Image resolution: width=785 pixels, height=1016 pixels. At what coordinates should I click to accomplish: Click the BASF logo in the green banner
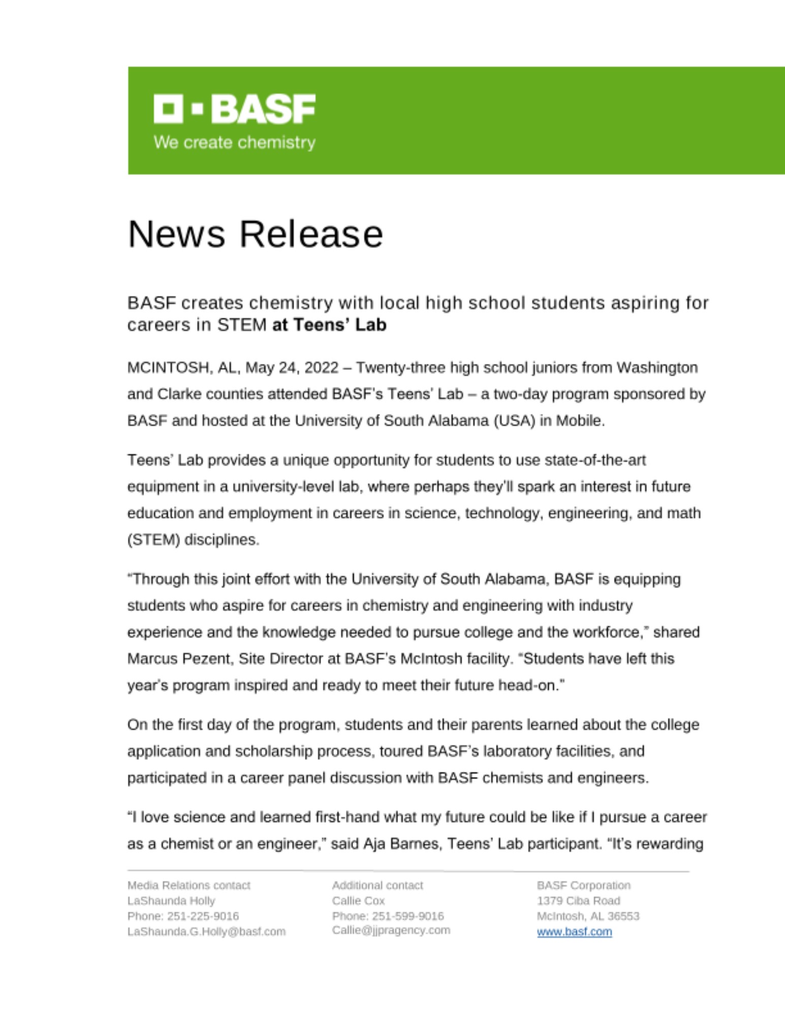tap(234, 109)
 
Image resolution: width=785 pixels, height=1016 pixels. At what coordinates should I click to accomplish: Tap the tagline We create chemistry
tap(234, 143)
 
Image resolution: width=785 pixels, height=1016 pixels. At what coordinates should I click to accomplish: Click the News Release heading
tap(255, 234)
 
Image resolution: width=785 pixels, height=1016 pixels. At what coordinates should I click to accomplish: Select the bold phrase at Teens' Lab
tap(329, 325)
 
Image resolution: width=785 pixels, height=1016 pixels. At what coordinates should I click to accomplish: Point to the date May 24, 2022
tap(292, 368)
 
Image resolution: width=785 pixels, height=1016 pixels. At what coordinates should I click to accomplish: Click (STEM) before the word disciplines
tap(153, 540)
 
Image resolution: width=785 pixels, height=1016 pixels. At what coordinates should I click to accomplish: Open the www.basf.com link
tap(574, 932)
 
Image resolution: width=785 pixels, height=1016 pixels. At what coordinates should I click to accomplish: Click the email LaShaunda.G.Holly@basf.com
tap(206, 932)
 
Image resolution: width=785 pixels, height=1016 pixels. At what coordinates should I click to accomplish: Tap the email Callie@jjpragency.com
tap(391, 930)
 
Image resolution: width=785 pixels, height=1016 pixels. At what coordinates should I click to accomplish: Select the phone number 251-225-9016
tap(203, 916)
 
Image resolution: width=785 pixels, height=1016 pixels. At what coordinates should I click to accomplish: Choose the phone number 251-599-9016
tap(407, 916)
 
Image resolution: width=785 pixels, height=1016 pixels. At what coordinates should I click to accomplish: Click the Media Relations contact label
tap(189, 885)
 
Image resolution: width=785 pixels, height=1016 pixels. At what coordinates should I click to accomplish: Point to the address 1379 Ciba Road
tap(578, 901)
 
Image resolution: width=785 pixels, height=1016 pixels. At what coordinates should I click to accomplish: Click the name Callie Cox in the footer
tap(358, 901)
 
